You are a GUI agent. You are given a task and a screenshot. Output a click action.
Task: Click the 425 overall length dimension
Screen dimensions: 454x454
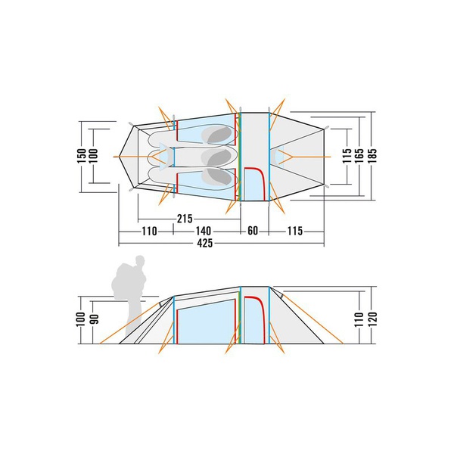205,243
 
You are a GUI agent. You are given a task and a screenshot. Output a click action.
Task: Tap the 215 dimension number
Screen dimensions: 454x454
185,219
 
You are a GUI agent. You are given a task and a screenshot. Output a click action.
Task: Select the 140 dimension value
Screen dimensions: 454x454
204,231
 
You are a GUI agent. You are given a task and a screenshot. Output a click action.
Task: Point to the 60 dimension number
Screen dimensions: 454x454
253,231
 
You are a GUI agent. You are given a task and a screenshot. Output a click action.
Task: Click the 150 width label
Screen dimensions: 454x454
82,155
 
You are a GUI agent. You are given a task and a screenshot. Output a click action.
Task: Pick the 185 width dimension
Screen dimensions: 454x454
372,155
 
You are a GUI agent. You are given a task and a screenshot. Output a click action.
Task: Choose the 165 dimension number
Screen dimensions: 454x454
359,155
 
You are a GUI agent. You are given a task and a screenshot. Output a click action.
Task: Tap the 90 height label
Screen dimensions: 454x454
95,319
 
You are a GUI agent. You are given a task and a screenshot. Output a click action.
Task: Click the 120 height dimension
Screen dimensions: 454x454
372,319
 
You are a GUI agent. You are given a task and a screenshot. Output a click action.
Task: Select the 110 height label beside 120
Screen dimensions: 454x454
359,319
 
